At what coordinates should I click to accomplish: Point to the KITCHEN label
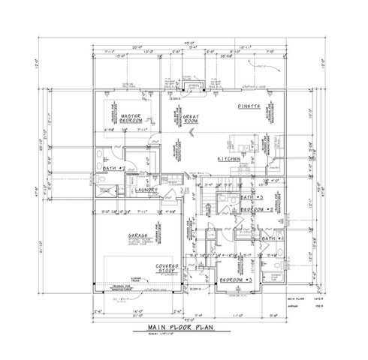coord(228,160)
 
